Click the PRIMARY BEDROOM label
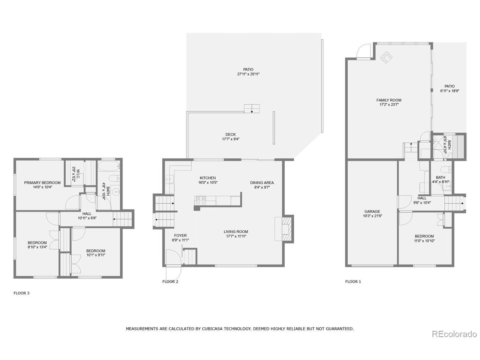click(42, 183)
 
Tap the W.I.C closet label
click(74, 174)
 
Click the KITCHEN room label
click(207, 178)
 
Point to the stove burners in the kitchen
click(200, 199)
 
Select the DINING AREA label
click(260, 183)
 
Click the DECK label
click(231, 135)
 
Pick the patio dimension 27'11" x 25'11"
click(248, 74)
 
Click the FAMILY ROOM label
click(389, 100)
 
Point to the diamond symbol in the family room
click(387, 57)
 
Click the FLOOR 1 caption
click(353, 281)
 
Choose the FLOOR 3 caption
click(21, 293)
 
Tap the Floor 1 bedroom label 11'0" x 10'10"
click(424, 241)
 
